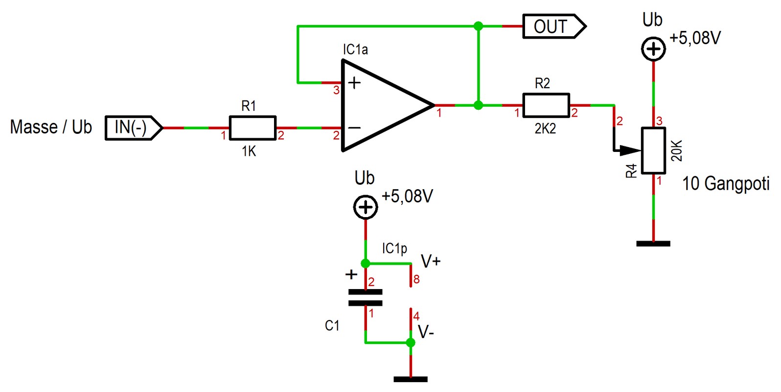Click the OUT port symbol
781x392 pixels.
click(x=554, y=26)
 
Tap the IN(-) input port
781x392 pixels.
click(x=134, y=128)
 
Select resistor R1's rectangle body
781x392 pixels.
click(x=253, y=128)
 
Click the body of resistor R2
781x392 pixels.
click(x=546, y=105)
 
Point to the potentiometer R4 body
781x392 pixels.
click(x=654, y=150)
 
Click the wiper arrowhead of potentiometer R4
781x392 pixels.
click(x=631, y=150)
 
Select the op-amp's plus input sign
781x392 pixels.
click(x=354, y=83)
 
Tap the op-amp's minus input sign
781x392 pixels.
click(x=354, y=128)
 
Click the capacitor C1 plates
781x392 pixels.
click(x=366, y=298)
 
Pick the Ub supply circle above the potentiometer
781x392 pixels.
click(x=654, y=49)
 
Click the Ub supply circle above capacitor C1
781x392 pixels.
click(x=366, y=207)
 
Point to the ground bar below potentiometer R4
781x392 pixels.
click(x=653, y=244)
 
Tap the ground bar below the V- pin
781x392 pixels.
click(x=411, y=379)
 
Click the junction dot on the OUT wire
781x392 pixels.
click(x=479, y=26)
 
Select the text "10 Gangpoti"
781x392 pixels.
click(x=726, y=184)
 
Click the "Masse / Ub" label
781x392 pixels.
click(x=51, y=127)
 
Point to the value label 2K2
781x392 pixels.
click(x=545, y=129)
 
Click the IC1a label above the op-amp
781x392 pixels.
click(x=355, y=50)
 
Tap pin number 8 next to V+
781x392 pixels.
click(x=416, y=280)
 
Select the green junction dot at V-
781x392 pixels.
click(x=411, y=343)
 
